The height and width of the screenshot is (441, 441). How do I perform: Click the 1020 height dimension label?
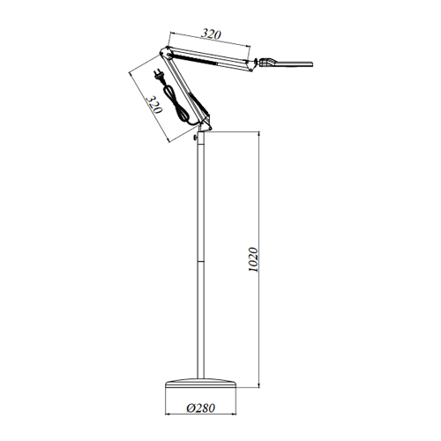pyautogui.click(x=253, y=259)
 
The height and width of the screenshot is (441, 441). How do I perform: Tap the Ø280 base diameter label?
pyautogui.click(x=201, y=407)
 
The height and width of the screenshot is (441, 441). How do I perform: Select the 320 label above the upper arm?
pyautogui.click(x=211, y=34)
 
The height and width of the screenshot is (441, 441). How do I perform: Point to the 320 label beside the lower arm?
pyautogui.click(x=154, y=104)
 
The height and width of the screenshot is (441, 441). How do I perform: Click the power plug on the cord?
pyautogui.click(x=158, y=74)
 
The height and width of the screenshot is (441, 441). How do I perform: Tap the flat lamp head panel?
pyautogui.click(x=295, y=64)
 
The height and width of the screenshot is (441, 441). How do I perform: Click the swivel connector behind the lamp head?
pyautogui.click(x=266, y=62)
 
